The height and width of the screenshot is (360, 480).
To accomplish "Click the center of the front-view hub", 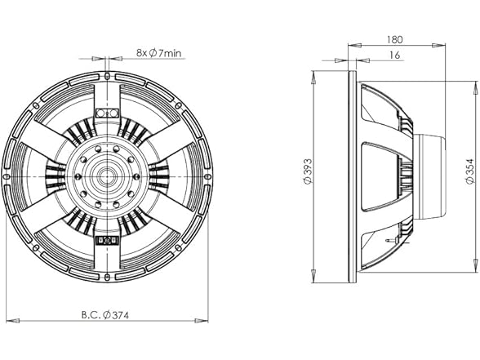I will click(x=108, y=176).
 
